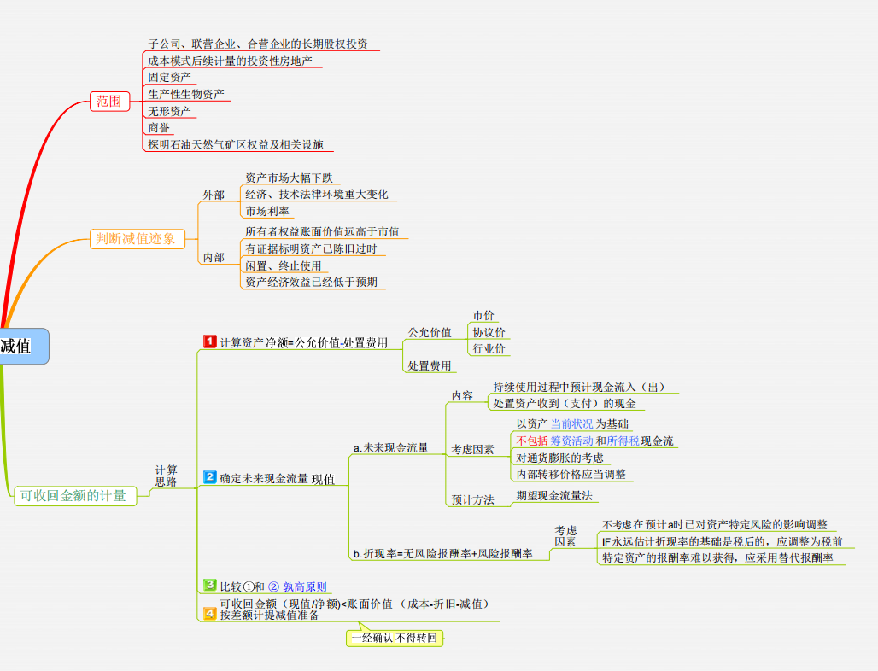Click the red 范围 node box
click(x=109, y=102)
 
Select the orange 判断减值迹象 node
click(x=138, y=239)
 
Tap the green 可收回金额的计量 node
click(x=75, y=496)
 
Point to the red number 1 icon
click(x=210, y=341)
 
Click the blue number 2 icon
click(x=210, y=477)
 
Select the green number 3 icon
click(x=210, y=585)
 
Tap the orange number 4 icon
click(x=210, y=613)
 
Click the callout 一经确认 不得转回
click(x=395, y=638)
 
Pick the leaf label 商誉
click(x=159, y=128)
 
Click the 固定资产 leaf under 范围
click(x=170, y=77)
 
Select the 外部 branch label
click(x=214, y=195)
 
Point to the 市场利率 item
click(x=267, y=212)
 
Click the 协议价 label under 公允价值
click(x=489, y=332)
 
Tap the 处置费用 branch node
click(x=430, y=366)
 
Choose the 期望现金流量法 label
click(x=554, y=496)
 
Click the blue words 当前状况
click(x=571, y=424)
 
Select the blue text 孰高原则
click(x=305, y=586)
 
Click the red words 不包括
click(x=532, y=441)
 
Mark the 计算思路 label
click(x=167, y=476)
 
